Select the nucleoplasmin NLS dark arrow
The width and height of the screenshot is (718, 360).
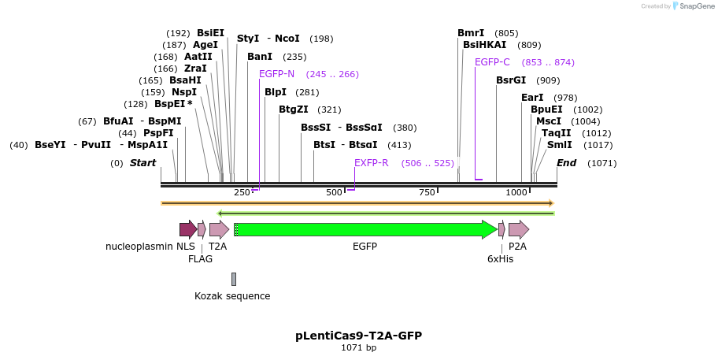187,229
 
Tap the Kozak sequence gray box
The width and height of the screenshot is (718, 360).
234,279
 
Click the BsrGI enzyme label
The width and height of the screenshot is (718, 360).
511,80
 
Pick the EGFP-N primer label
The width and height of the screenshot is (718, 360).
276,74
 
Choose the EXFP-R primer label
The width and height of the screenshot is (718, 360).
371,163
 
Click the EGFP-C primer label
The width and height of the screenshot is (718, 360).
492,62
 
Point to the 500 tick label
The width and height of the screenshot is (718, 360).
335,193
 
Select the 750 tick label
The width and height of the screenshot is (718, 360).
427,193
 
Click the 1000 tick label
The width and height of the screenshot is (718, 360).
516,193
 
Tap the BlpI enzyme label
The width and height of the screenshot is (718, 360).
276,92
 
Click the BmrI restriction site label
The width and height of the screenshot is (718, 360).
471,33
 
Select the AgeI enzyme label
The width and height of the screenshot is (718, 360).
205,45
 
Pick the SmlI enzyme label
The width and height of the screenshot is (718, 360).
560,145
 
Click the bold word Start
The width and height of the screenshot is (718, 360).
142,163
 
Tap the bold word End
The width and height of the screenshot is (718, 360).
567,163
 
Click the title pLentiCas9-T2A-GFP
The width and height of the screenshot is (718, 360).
358,336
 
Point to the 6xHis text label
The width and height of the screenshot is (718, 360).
500,258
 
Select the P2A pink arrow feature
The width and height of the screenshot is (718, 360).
518,229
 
